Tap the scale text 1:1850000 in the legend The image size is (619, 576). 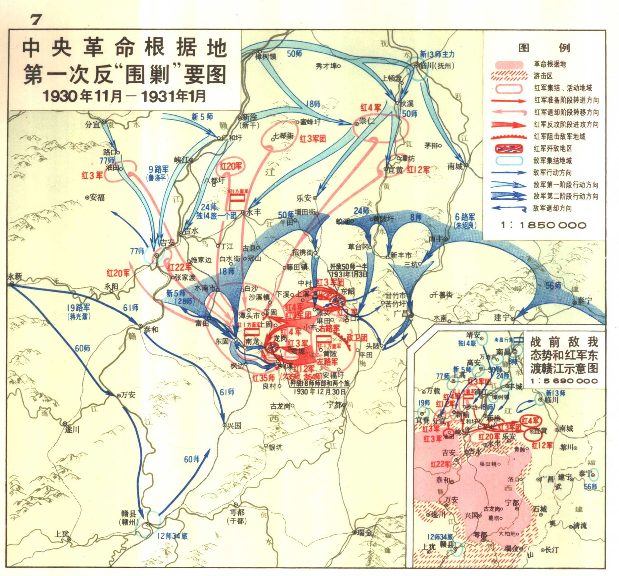(x=544, y=225)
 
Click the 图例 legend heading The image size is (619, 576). (x=544, y=48)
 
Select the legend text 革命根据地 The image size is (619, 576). (x=550, y=64)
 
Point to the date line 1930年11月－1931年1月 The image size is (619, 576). (x=124, y=96)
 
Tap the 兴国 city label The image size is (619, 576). (x=234, y=425)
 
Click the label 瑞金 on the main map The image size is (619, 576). (x=364, y=533)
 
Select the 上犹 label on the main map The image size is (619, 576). (x=61, y=534)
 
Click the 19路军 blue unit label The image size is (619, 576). (x=78, y=308)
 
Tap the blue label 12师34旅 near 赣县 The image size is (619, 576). (x=172, y=536)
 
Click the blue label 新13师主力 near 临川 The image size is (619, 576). (x=437, y=54)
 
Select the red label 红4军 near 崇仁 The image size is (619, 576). (x=371, y=108)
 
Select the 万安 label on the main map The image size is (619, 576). (x=128, y=395)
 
